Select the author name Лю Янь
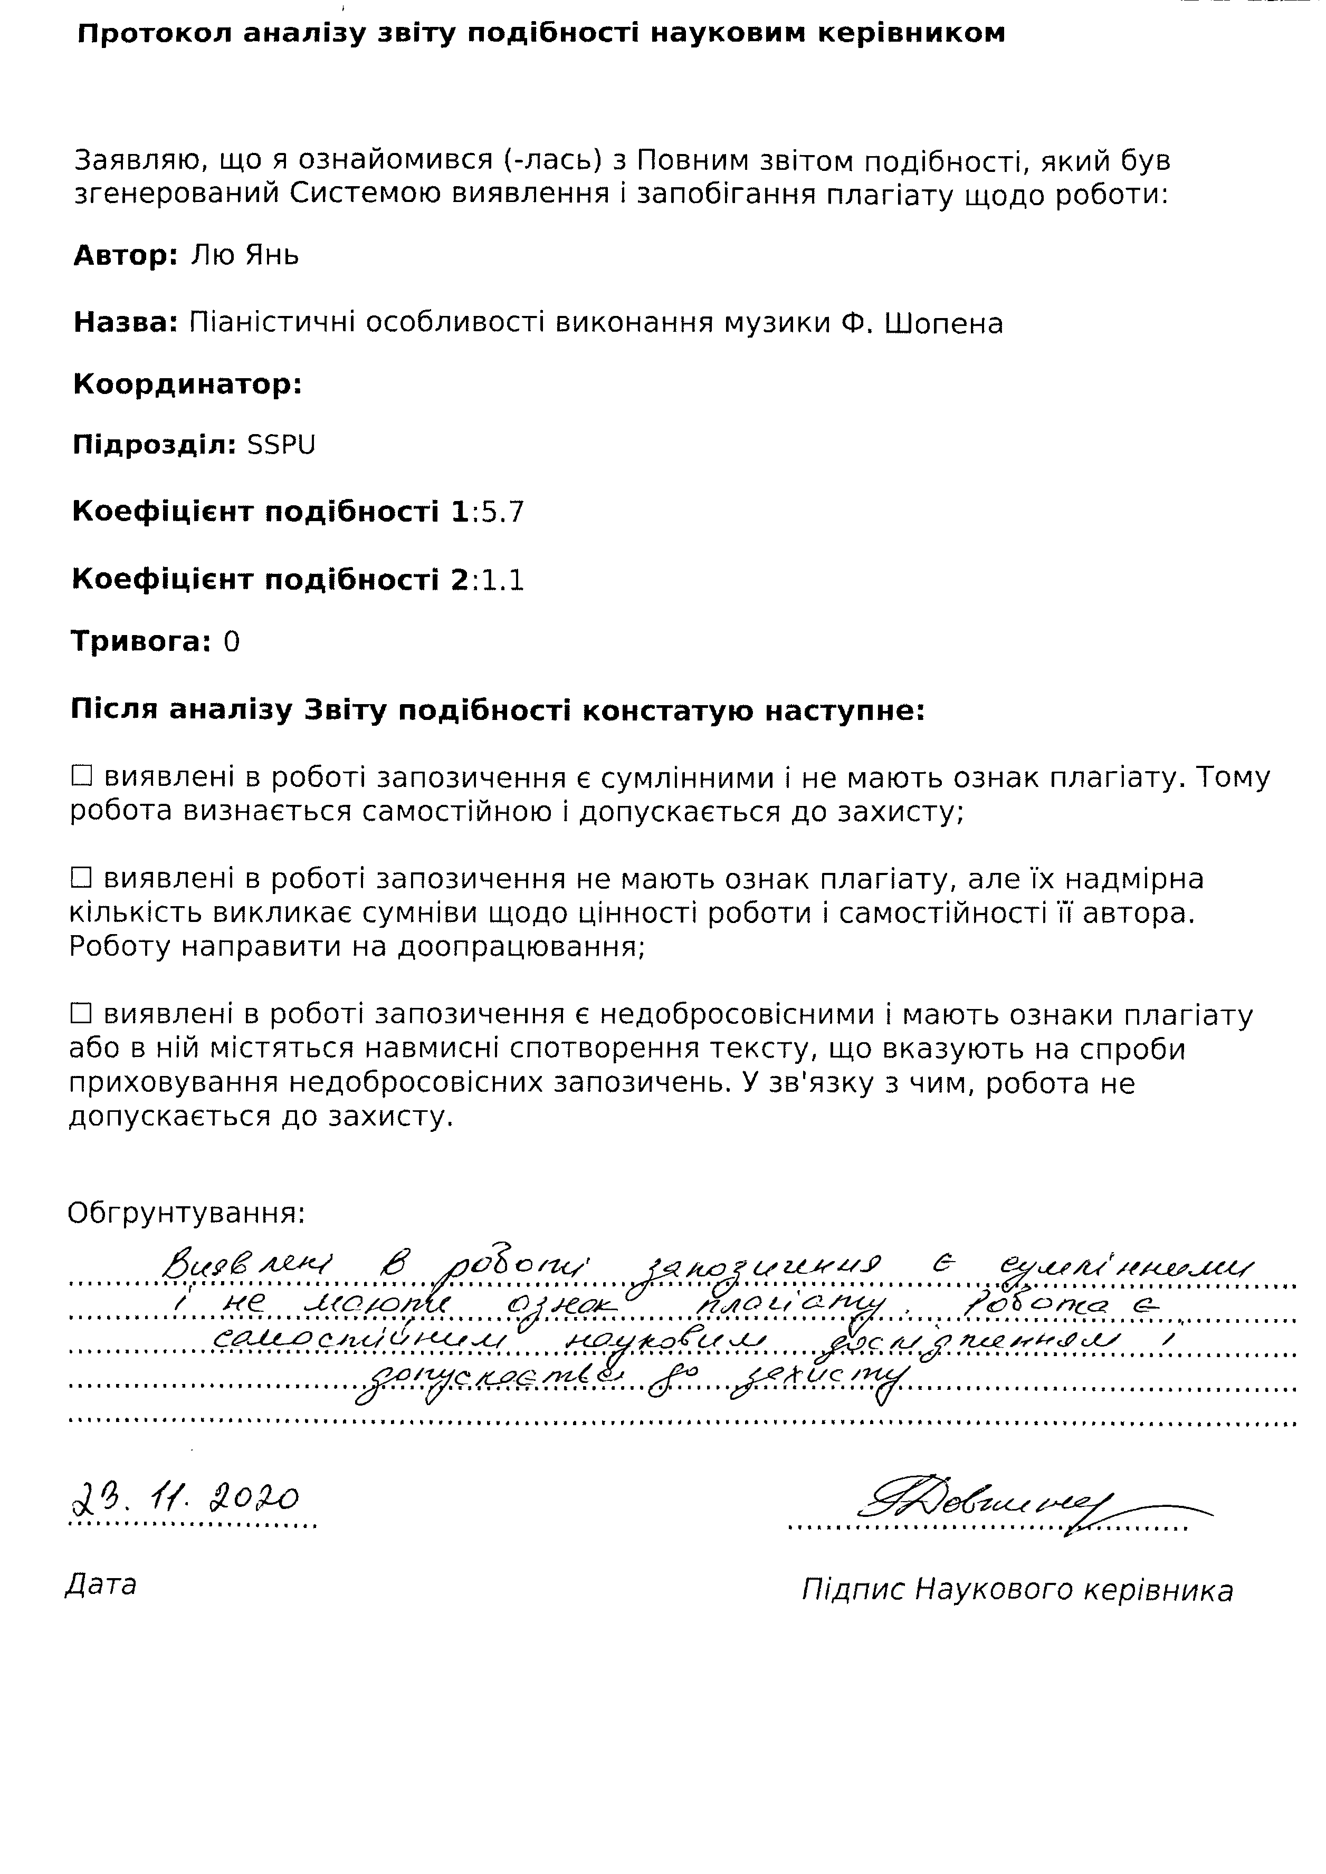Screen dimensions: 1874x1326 pyautogui.click(x=245, y=256)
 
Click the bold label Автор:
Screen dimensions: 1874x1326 pyautogui.click(x=126, y=256)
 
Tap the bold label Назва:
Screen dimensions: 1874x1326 pyautogui.click(x=126, y=324)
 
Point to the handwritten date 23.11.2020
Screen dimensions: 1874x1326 pyautogui.click(x=185, y=1500)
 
